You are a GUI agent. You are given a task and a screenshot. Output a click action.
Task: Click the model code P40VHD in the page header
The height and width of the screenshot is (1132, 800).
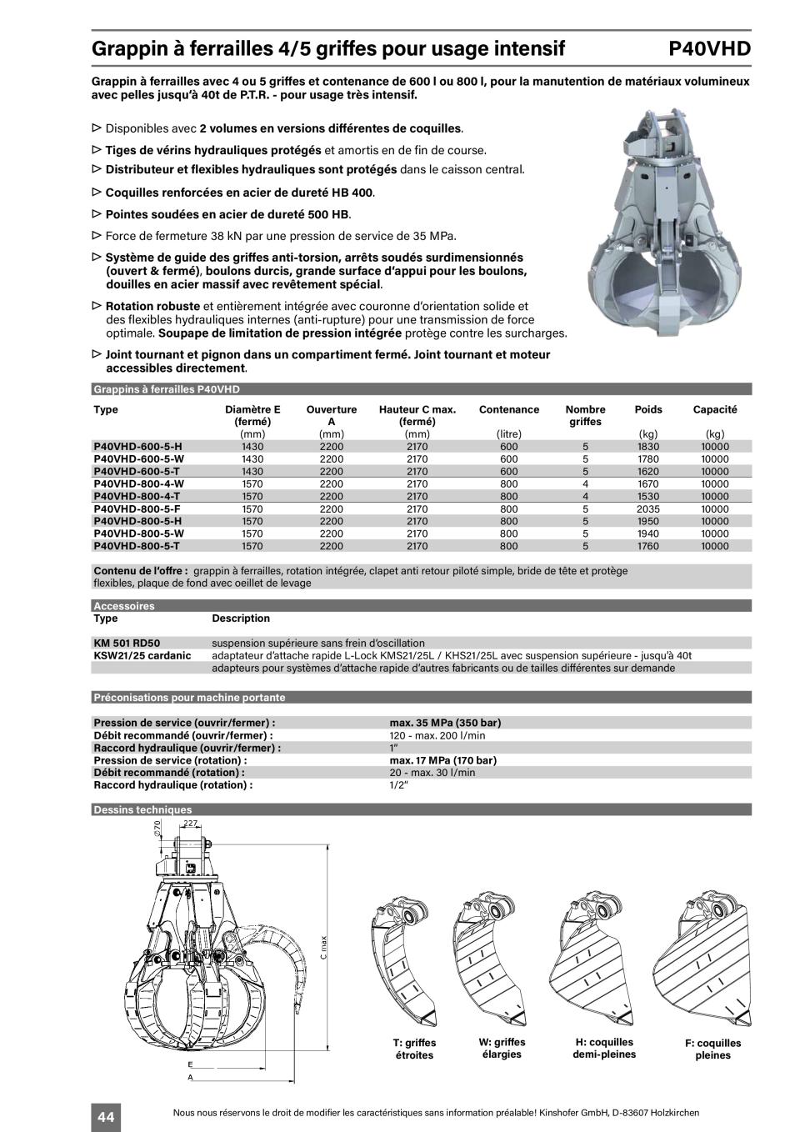click(x=709, y=48)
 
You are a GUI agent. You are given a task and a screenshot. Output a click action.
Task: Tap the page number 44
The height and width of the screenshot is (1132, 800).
click(x=106, y=1116)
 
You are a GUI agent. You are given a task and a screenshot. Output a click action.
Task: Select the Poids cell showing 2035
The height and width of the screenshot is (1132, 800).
click(x=647, y=508)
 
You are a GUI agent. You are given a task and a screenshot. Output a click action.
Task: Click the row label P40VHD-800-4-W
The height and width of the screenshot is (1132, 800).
click(x=139, y=483)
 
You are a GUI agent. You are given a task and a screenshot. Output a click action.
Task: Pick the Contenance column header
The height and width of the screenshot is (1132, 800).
click(x=509, y=409)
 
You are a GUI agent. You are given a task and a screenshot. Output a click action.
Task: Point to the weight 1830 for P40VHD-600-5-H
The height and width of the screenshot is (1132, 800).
click(x=647, y=446)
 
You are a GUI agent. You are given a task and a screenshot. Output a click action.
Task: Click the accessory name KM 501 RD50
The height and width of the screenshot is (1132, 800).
click(x=127, y=643)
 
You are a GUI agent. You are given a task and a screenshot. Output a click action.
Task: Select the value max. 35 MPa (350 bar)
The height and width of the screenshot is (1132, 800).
click(x=445, y=723)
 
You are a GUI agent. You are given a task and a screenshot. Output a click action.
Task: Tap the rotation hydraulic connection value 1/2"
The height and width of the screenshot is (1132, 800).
click(x=399, y=784)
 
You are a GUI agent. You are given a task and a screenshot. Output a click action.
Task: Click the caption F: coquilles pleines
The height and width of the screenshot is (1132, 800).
click(x=712, y=1049)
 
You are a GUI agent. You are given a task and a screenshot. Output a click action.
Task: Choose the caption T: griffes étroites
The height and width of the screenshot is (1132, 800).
click(x=414, y=1049)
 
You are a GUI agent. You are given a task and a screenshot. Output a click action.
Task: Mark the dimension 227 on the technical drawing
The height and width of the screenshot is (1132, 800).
click(x=191, y=824)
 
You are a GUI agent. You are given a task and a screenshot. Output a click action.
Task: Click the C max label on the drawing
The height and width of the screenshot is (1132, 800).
click(x=322, y=946)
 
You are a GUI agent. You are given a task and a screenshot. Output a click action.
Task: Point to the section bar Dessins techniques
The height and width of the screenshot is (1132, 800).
click(x=142, y=809)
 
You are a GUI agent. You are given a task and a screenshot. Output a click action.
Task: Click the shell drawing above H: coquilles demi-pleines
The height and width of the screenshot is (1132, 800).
click(x=599, y=959)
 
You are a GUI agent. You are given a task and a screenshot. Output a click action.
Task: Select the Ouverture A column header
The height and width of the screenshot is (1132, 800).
click(x=331, y=415)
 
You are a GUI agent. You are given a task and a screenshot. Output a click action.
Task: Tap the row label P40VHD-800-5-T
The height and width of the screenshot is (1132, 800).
click(x=137, y=546)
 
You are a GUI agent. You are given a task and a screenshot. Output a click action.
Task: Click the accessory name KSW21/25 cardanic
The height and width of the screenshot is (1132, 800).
click(x=142, y=655)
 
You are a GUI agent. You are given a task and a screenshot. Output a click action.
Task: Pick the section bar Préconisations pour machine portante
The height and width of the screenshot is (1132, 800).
click(x=189, y=697)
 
